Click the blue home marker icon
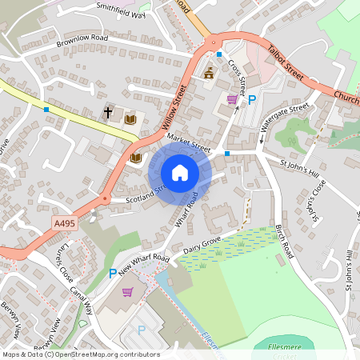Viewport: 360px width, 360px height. click(x=180, y=172)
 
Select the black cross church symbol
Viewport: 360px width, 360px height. click(x=108, y=113)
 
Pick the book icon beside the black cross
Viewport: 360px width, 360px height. click(x=130, y=119)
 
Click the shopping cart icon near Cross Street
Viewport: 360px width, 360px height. click(x=232, y=99)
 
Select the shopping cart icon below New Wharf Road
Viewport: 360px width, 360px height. click(x=127, y=291)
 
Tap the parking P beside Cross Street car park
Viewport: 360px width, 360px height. click(x=251, y=100)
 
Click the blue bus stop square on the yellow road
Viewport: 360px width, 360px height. click(x=46, y=109)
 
